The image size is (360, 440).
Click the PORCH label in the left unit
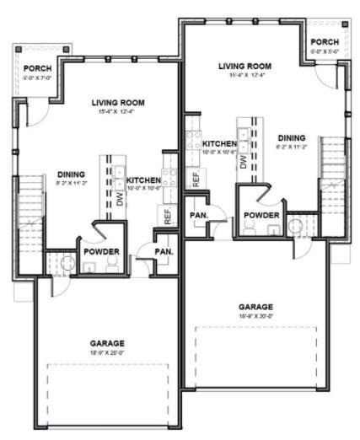click(37, 68)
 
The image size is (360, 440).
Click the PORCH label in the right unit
click(325, 42)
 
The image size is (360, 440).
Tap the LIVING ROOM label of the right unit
click(244, 66)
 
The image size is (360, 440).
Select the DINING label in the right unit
click(291, 137)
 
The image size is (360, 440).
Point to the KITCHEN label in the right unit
click(218, 144)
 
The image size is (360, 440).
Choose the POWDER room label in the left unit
click(100, 251)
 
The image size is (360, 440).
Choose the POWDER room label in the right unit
click(261, 215)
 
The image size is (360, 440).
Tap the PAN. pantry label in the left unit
click(164, 251)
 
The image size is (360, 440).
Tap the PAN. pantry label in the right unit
click(199, 215)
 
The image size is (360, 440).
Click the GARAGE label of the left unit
click(107, 343)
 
